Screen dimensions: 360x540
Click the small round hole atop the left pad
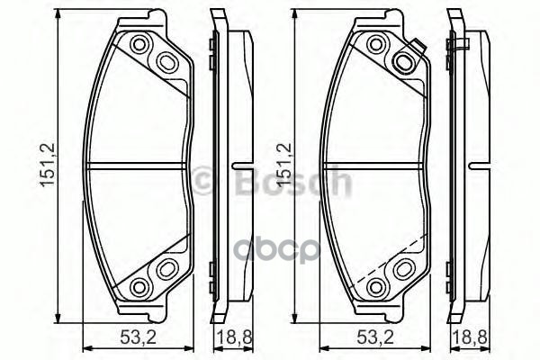coord(139,44)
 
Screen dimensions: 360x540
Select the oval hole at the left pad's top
coord(167,60)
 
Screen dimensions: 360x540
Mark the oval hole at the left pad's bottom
coord(167,268)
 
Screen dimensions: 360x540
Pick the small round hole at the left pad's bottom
coord(139,285)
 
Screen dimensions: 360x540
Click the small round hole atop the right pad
coord(376,44)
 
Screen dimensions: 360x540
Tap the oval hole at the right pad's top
coord(404,60)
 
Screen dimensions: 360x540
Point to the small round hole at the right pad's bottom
coord(376,285)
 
